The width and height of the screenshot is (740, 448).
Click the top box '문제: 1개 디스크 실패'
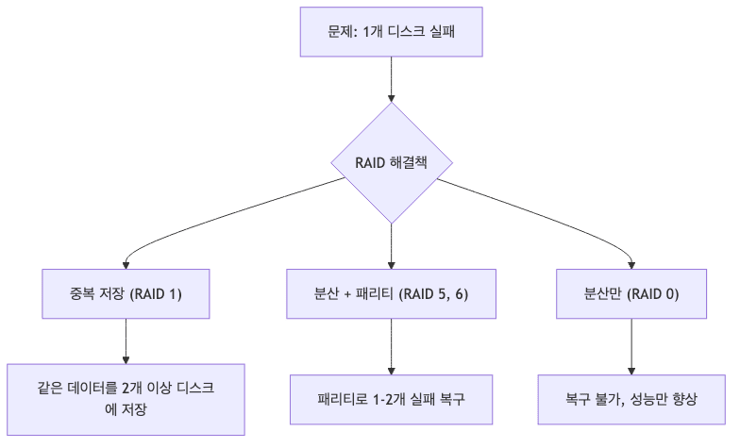(x=392, y=32)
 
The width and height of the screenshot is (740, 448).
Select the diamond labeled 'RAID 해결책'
(x=392, y=162)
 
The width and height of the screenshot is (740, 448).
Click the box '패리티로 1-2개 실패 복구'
(x=392, y=399)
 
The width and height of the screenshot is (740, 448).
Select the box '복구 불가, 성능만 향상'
(x=631, y=399)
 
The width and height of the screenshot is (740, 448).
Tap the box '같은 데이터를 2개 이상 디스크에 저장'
(x=126, y=399)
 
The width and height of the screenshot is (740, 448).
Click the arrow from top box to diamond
(x=392, y=79)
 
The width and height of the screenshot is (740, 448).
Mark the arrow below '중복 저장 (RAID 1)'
(x=126, y=340)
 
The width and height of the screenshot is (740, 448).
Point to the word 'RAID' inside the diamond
(x=370, y=162)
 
